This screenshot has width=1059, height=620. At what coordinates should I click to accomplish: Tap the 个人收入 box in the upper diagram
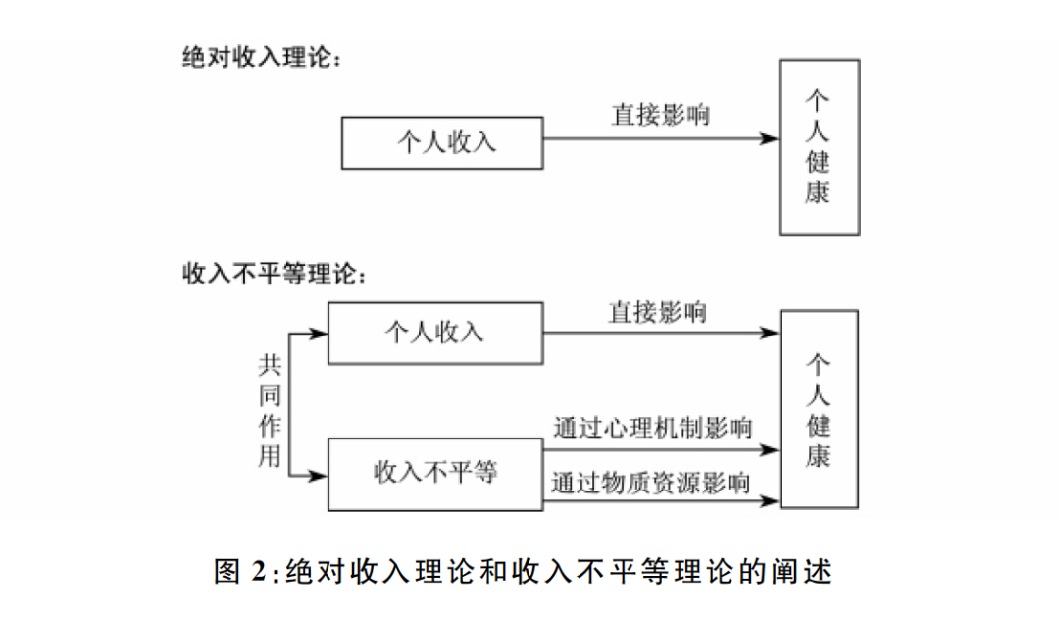coord(442,142)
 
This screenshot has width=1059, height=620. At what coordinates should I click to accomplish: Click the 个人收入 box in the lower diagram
coord(434,333)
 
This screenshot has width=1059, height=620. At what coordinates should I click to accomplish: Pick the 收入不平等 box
coord(434,474)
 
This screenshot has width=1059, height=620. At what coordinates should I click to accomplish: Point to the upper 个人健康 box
coord(819,146)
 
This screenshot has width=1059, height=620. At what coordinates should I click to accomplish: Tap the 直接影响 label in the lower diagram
coord(657,312)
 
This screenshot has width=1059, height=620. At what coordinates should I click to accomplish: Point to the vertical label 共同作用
coord(270,410)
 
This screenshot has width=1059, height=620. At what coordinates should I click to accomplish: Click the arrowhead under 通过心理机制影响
coord(770,450)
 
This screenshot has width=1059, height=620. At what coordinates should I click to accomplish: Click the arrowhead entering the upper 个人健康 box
coord(770,139)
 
